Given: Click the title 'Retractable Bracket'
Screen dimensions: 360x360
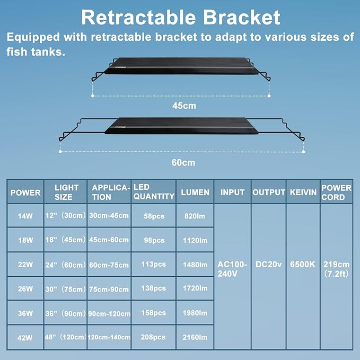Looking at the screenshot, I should point(180,17).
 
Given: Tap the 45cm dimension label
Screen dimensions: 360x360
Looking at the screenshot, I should point(183,106).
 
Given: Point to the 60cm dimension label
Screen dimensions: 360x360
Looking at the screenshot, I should point(183,162).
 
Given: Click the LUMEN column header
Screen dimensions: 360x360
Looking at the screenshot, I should point(195,192).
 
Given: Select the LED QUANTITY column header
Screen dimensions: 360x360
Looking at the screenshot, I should point(153,192).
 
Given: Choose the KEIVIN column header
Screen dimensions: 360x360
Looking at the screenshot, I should point(303,192).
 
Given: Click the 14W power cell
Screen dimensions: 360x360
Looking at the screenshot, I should point(25,216).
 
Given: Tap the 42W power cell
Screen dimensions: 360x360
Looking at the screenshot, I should point(25,337).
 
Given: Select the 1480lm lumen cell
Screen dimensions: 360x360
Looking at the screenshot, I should point(195,265).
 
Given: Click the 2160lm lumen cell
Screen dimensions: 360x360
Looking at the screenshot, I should point(195,337).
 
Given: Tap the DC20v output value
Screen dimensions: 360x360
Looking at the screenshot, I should point(268,265).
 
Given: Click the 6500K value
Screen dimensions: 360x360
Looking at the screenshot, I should point(303,265).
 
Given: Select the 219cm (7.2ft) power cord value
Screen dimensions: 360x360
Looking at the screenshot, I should point(336,269).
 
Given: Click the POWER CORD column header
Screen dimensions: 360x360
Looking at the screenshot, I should point(336,192).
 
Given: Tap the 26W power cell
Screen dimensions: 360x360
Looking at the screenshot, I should point(25,289).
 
